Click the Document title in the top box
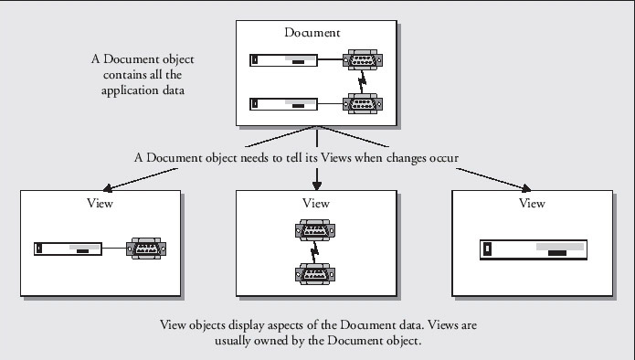point(312,32)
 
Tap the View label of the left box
point(100,203)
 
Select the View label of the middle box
point(316,203)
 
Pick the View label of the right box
point(532,203)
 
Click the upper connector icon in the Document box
point(363,60)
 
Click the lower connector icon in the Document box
point(363,104)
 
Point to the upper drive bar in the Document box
point(283,60)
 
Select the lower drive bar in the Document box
point(283,104)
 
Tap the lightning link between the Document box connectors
point(362,82)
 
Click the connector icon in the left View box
point(146,249)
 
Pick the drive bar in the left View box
point(68,249)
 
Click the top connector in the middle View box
point(315,230)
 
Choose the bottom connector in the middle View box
point(315,274)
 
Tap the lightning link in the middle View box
point(314,252)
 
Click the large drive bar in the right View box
point(534,249)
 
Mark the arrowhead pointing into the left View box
point(107,188)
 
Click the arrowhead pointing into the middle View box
point(317,185)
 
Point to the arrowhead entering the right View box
point(526,188)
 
